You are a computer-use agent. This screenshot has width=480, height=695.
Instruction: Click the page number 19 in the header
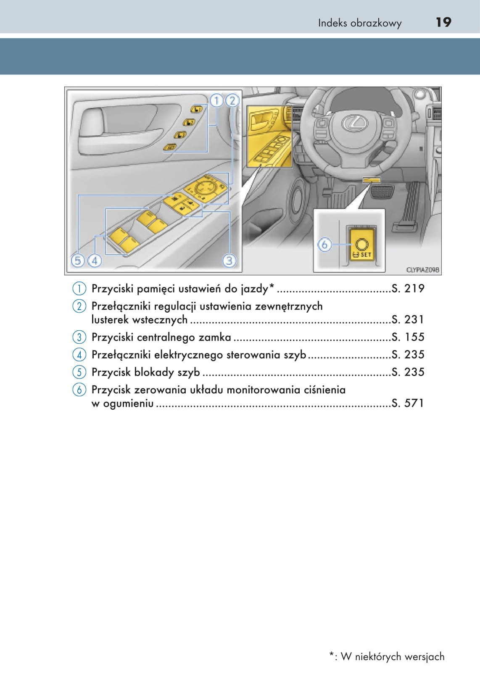[443, 22]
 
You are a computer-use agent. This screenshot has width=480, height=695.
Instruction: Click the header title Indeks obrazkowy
[359, 23]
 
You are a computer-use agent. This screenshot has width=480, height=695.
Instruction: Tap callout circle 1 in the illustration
[216, 101]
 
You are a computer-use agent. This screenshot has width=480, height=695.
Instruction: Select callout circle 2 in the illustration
[232, 101]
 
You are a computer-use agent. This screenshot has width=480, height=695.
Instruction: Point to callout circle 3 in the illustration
[229, 261]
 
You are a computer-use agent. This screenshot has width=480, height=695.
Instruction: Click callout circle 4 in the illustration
[95, 261]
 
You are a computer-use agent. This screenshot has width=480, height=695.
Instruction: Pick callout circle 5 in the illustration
[78, 261]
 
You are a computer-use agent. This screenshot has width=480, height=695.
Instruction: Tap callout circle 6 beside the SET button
[324, 244]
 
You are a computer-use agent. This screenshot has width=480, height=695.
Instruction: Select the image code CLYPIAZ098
[422, 270]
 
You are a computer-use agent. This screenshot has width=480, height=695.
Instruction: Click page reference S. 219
[408, 289]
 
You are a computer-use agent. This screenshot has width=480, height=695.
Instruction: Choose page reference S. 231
[408, 320]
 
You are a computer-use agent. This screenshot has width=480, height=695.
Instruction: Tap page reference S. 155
[408, 337]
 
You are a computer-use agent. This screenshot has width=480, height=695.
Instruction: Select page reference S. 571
[408, 403]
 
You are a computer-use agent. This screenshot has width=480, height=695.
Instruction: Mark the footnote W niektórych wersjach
[392, 657]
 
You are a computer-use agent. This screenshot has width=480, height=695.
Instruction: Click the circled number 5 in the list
[79, 372]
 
